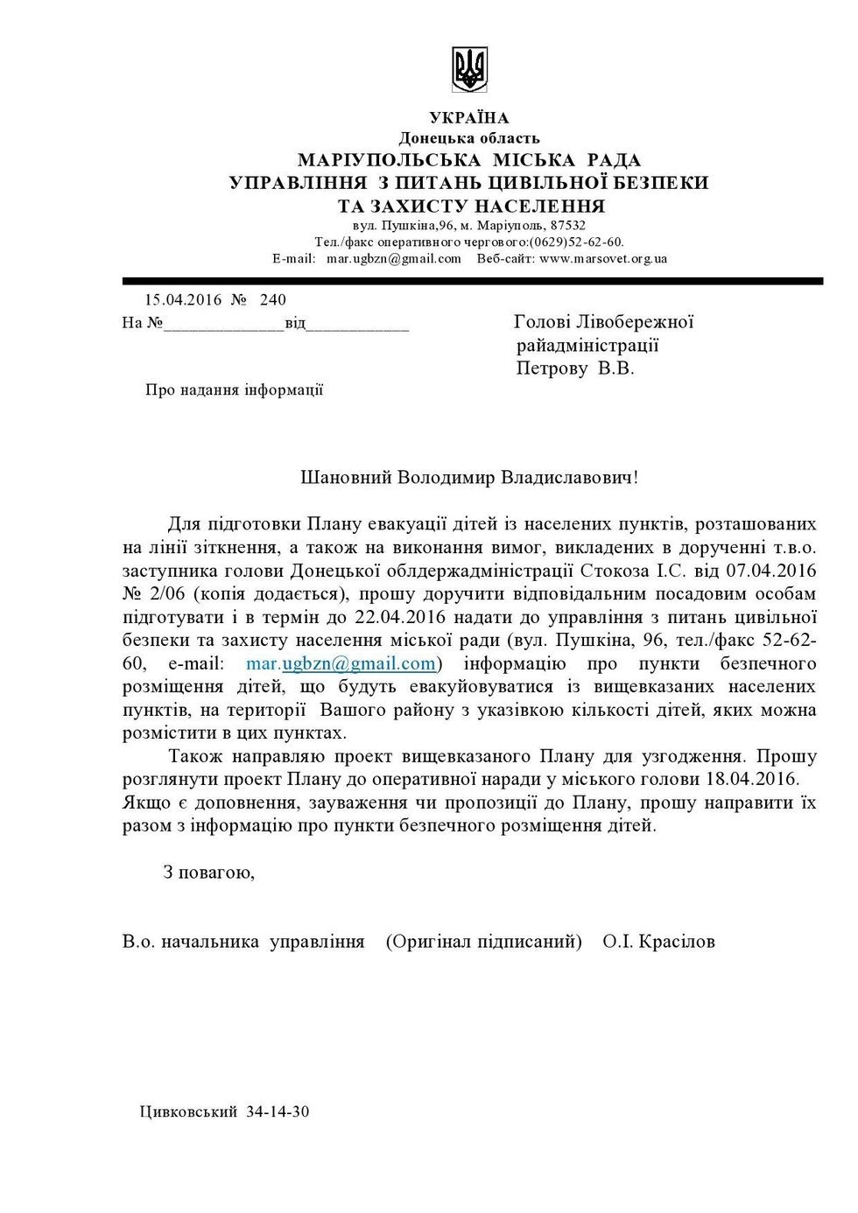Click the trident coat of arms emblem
pos(469,70)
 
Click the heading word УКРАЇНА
pos(469,118)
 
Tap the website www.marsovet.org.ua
pos(603,258)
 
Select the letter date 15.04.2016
pos(183,300)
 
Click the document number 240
pos(273,300)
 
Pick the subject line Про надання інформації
pos(234,390)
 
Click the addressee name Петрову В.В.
pos(574,368)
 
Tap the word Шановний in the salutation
pos(346,478)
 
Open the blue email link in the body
pos(341,663)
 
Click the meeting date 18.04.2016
pos(752,779)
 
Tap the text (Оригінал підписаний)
pos(483,942)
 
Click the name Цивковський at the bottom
pos(188,1112)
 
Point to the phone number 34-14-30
pos(278,1112)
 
